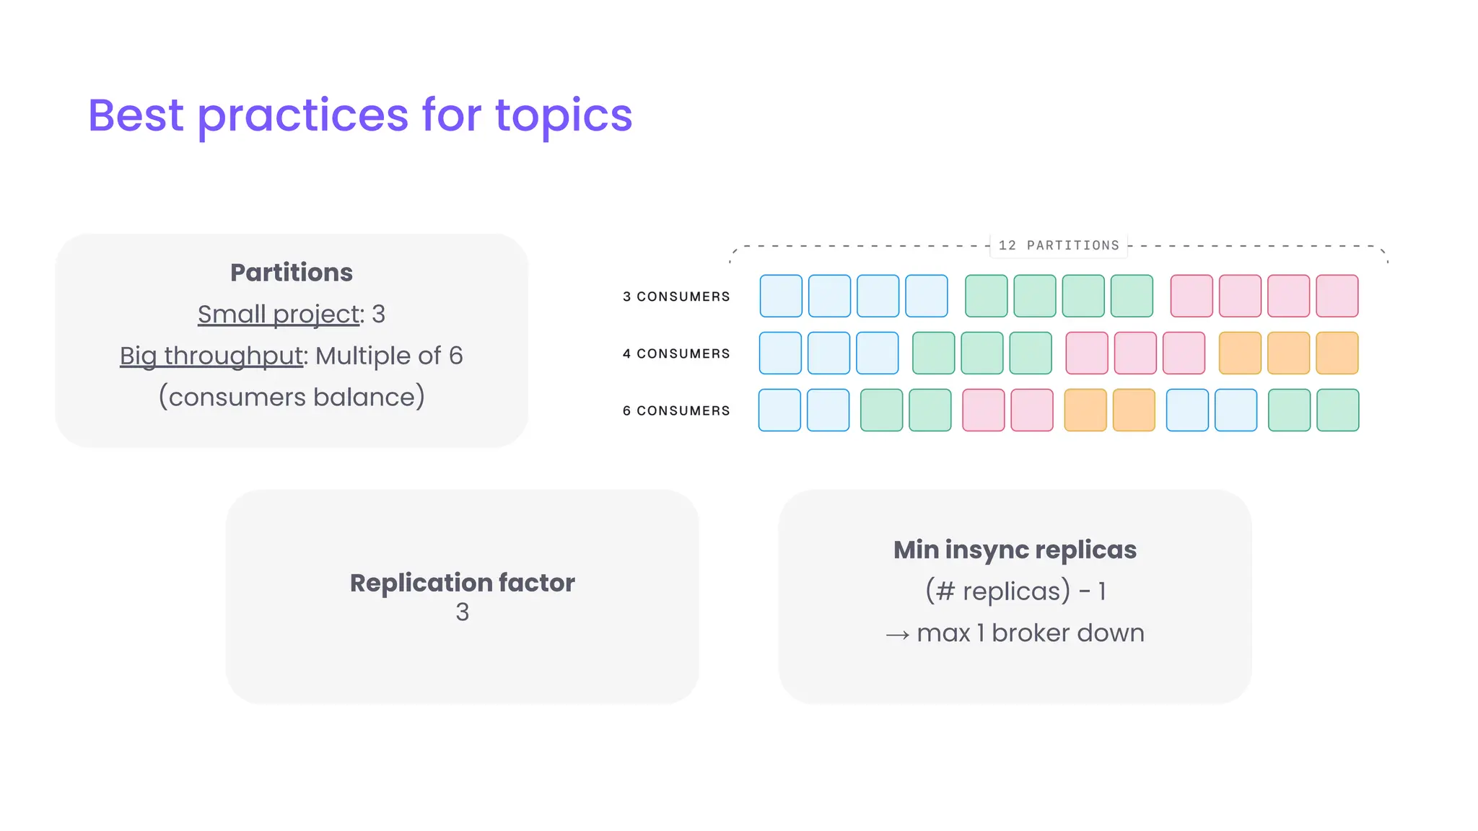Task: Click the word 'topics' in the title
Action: point(563,115)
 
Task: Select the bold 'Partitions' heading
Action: point(292,273)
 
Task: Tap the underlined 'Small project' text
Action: point(279,315)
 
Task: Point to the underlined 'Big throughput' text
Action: point(211,356)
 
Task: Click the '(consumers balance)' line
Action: point(292,397)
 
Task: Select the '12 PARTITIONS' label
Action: point(1059,246)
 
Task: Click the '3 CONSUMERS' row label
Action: point(676,296)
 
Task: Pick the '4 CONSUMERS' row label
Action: point(676,353)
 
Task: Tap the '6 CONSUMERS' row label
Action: point(676,410)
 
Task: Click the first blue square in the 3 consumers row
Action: point(781,296)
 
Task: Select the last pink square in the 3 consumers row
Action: point(1337,296)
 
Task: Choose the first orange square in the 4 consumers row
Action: point(1240,353)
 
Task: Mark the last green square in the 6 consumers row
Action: point(1337,410)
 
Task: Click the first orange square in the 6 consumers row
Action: point(1085,410)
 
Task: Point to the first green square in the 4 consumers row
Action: point(933,353)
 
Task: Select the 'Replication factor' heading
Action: point(462,583)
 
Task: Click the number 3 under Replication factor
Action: point(462,612)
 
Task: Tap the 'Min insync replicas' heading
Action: point(1015,550)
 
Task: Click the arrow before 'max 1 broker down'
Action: point(897,635)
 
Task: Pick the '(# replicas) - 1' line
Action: point(1015,592)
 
